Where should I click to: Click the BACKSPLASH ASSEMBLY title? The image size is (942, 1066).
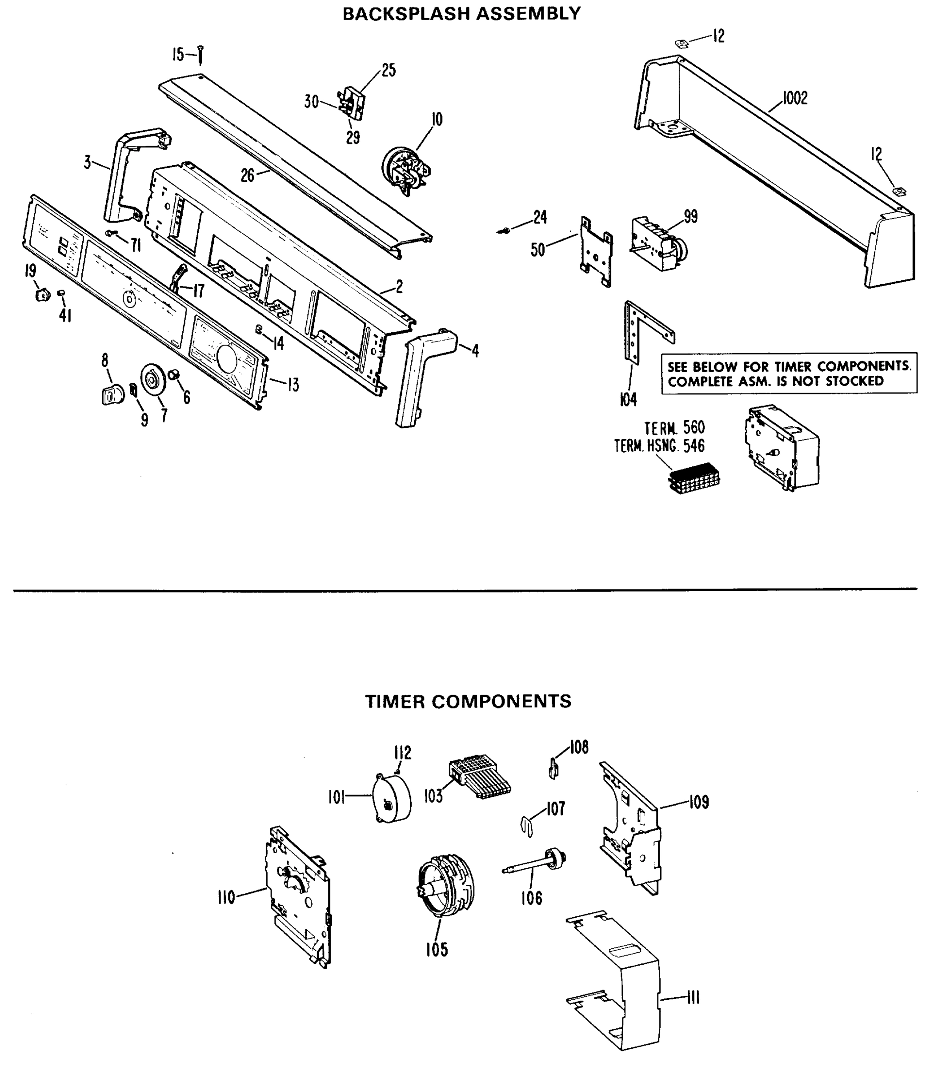461,14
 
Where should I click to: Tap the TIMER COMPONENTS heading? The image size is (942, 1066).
468,701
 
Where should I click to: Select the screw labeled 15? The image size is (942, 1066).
200,55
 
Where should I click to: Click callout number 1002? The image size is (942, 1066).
795,98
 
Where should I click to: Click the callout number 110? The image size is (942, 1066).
226,898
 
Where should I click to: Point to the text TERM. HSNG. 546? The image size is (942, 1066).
659,446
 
